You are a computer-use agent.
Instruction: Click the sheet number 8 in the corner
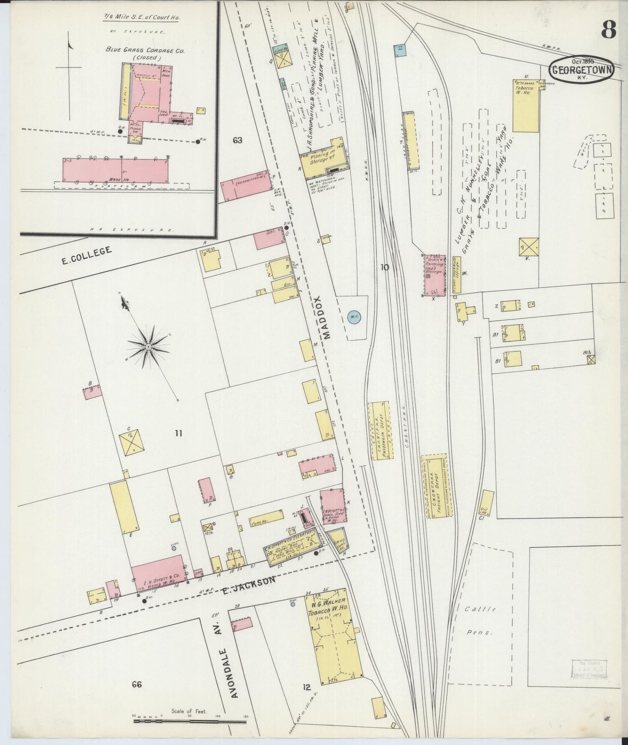(x=608, y=30)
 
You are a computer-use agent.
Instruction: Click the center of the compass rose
(x=148, y=346)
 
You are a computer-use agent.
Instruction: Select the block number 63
(x=237, y=140)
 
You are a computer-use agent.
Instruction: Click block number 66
(x=137, y=685)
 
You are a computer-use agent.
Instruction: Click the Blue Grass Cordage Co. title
(x=145, y=50)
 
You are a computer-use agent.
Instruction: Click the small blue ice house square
(x=400, y=50)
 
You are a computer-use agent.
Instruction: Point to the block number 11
(x=178, y=433)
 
